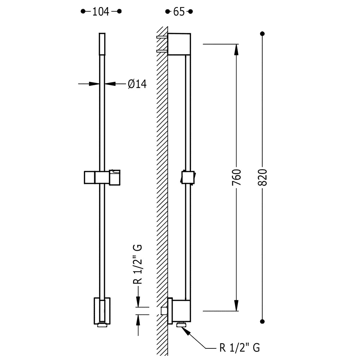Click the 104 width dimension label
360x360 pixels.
[x=101, y=12]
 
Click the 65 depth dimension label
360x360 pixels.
[x=179, y=12]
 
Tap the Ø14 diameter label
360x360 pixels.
[x=137, y=84]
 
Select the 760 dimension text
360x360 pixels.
[x=237, y=177]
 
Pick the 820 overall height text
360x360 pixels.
[x=263, y=177]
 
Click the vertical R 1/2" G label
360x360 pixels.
[x=138, y=264]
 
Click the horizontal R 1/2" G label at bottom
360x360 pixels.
[x=240, y=348]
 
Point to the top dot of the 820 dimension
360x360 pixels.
[x=263, y=34]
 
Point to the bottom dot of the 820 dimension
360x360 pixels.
[x=263, y=322]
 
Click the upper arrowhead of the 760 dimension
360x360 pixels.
[x=236, y=50]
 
